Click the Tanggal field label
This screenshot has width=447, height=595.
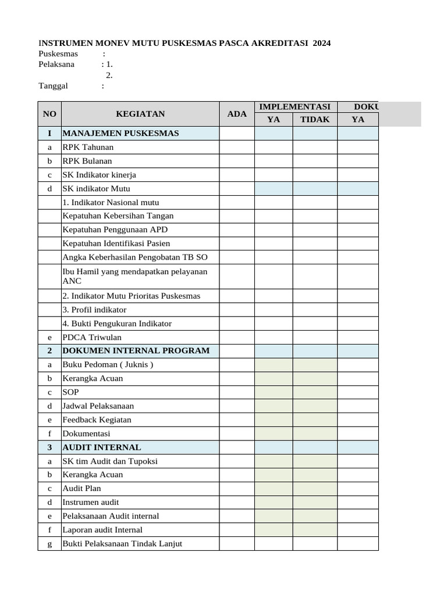53,86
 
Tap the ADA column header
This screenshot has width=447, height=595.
237,114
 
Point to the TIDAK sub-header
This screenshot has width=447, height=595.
315,120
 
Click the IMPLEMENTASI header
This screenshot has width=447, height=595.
295,107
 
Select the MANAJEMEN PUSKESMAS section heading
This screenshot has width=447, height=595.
120,134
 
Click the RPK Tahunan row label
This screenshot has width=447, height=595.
88,148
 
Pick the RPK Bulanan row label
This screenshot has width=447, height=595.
87,161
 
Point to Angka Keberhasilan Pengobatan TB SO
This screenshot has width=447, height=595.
134,257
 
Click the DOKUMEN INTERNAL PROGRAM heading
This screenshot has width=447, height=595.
136,351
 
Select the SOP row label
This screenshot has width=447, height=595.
70,392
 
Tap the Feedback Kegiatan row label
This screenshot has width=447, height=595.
97,420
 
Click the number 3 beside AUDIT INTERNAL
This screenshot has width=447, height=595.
49,447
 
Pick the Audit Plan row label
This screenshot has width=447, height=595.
81,489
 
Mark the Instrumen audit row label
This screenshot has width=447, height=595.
91,502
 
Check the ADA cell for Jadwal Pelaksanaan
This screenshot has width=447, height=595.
237,406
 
